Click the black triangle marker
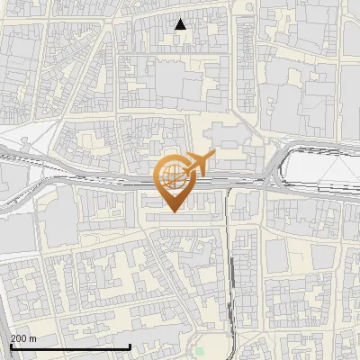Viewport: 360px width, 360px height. [x=181, y=24]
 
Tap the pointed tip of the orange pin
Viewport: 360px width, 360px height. [x=171, y=211]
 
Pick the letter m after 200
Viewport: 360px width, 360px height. [x=32, y=338]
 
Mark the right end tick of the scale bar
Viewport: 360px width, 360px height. [x=130, y=346]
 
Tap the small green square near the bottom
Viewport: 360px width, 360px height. [x=200, y=351]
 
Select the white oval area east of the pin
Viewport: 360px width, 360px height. [x=319, y=166]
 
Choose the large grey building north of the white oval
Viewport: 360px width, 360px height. [x=306, y=108]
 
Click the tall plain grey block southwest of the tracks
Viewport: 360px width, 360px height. [x=60, y=220]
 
